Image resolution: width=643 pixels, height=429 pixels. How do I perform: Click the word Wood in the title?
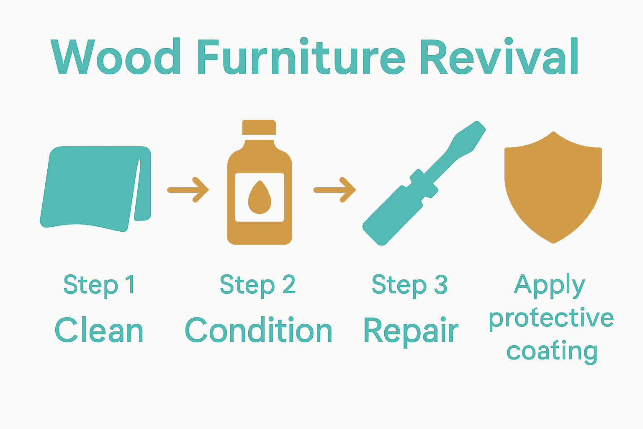(116, 57)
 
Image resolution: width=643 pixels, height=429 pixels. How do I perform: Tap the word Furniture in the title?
(300, 57)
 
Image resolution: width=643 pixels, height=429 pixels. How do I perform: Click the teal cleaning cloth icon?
(90, 186)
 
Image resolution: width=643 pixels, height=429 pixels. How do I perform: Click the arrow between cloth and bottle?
(188, 190)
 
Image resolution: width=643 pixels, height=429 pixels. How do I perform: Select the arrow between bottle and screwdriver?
(334, 190)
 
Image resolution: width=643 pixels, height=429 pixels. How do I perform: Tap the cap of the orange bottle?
(259, 127)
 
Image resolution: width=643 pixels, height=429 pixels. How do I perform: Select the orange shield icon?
(553, 186)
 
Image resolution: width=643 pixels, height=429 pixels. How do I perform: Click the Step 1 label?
(99, 285)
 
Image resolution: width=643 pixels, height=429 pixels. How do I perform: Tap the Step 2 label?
(258, 285)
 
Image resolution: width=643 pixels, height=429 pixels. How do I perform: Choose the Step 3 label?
(409, 285)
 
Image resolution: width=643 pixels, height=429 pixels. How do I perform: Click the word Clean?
(99, 330)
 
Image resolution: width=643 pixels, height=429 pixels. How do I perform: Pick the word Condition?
(258, 330)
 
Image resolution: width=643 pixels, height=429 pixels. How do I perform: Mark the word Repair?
(411, 331)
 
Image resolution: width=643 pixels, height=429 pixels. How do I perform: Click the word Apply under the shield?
(549, 286)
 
